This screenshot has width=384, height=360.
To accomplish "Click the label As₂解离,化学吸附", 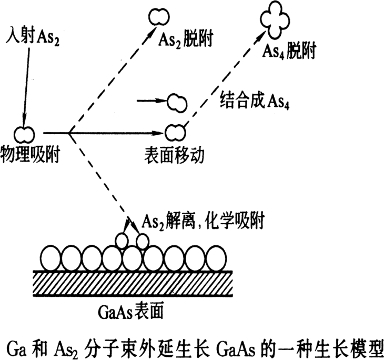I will point(203,221).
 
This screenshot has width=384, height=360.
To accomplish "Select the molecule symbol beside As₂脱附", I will point(156,16).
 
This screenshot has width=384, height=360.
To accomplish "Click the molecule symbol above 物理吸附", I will point(24,134).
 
